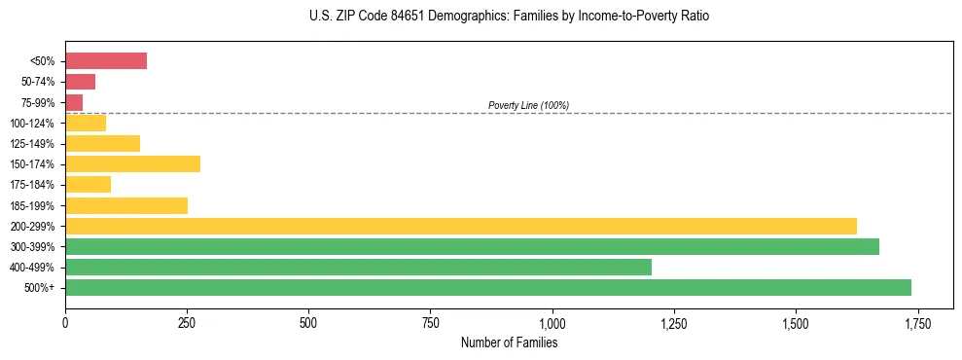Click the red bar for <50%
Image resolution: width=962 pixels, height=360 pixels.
pos(106,61)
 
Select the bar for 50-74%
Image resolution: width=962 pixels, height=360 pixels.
pos(80,82)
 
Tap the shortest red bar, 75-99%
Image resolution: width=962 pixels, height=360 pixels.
pos(74,102)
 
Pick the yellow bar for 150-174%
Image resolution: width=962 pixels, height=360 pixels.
pos(132,163)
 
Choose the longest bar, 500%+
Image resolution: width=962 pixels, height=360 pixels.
pos(487,287)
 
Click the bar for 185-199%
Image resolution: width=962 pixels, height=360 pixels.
pos(126,205)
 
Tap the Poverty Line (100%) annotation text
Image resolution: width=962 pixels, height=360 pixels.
pos(528,105)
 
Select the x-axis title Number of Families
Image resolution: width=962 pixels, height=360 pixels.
pos(509,342)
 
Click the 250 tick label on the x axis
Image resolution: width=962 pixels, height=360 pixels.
pos(187,322)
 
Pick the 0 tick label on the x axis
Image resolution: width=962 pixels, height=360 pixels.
pos(65,322)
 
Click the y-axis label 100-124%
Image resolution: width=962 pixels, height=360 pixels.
pos(32,124)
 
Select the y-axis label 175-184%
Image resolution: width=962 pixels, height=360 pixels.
pos(32,185)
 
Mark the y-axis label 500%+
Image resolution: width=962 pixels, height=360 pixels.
pos(40,288)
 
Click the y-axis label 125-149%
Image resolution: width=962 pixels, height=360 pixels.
pos(32,144)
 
